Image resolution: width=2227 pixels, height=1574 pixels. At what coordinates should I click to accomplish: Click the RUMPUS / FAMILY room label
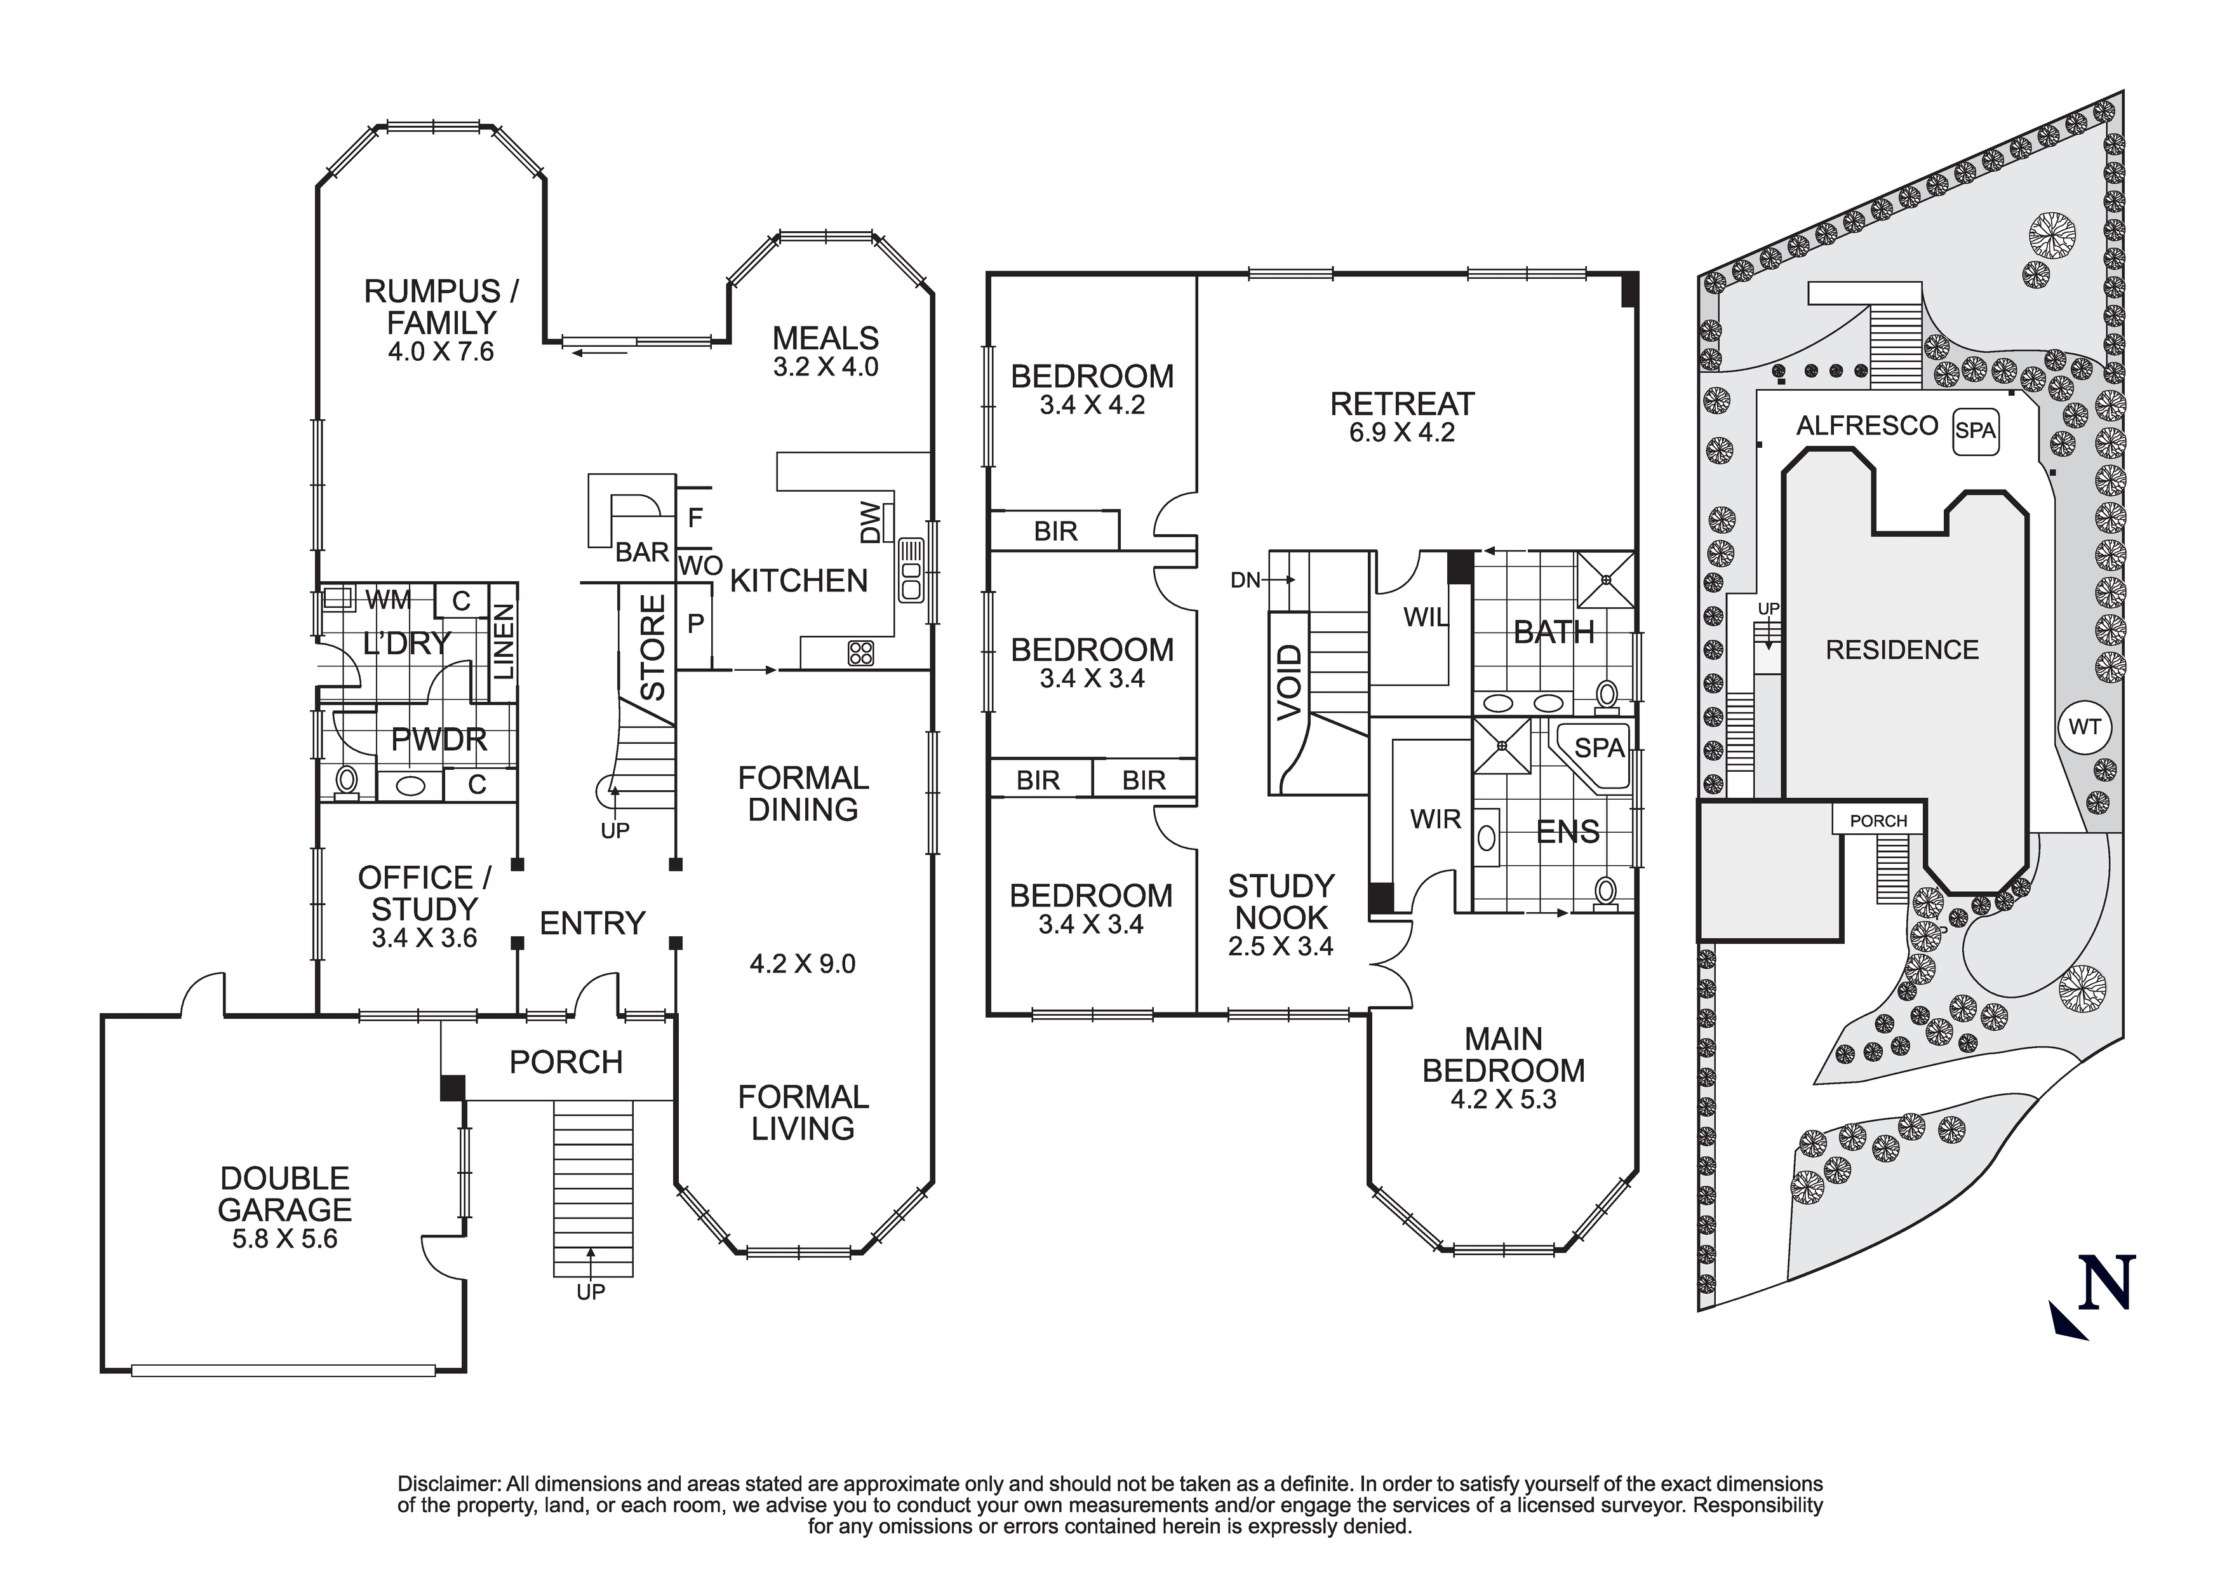click(x=441, y=306)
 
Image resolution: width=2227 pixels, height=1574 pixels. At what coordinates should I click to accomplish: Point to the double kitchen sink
click(x=912, y=570)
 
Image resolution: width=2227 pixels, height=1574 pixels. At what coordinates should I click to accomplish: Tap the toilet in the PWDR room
click(x=346, y=780)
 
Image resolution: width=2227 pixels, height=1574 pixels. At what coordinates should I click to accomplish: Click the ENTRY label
click(x=592, y=923)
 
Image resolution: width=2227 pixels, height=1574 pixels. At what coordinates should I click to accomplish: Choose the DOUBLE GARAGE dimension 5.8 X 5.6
click(x=284, y=1239)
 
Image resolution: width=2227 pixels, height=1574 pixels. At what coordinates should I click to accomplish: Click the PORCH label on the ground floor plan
click(x=566, y=1063)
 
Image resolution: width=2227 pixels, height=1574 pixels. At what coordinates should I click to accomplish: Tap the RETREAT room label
click(x=1401, y=404)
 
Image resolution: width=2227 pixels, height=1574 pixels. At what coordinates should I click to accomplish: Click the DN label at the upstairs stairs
click(x=1245, y=581)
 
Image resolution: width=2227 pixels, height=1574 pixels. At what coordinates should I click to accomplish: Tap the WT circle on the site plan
click(x=2083, y=727)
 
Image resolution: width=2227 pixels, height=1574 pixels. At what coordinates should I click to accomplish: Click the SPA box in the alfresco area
click(x=1975, y=431)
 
